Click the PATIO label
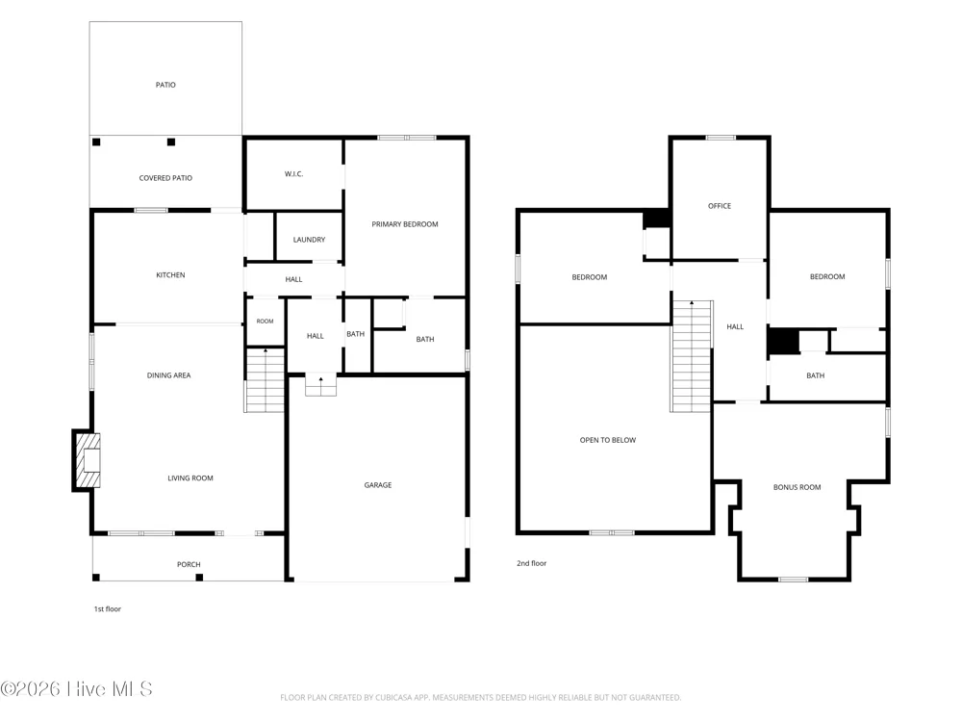click(x=165, y=85)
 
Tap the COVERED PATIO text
click(x=165, y=178)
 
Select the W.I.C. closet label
click(x=293, y=173)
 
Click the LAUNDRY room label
click(x=309, y=240)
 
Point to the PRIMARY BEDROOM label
click(x=405, y=224)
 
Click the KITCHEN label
click(x=170, y=275)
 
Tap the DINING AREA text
click(x=168, y=375)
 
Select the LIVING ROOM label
click(x=190, y=477)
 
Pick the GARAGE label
click(x=378, y=485)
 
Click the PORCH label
click(x=189, y=564)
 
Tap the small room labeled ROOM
click(x=266, y=322)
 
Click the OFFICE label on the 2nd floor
click(x=720, y=206)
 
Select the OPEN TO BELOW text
click(x=608, y=440)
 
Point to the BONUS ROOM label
click(x=797, y=487)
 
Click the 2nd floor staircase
click(x=692, y=356)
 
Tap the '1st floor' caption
click(x=108, y=609)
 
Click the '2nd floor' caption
click(x=531, y=563)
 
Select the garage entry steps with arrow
click(x=321, y=386)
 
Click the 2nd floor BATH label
click(x=816, y=375)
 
